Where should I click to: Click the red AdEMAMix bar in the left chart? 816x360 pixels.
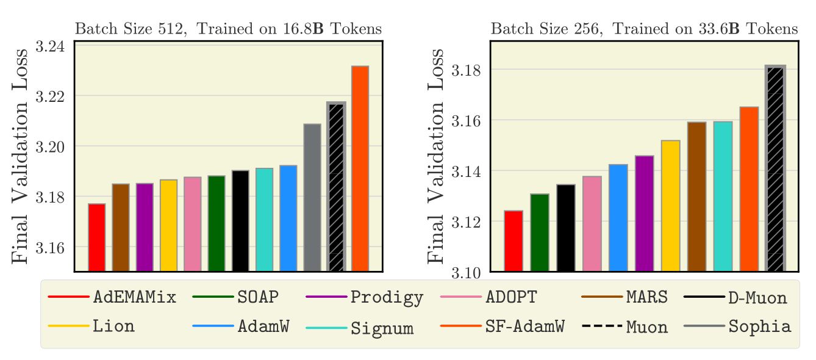96,237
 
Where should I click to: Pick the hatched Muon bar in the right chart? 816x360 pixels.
775,168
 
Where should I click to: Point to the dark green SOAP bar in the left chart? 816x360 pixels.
217,223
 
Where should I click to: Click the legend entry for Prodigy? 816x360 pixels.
387,298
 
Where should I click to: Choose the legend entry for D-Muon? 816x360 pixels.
757,298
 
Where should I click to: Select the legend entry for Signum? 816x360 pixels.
382,328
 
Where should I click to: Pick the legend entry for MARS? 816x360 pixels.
646,298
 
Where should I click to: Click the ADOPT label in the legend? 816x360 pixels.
511,298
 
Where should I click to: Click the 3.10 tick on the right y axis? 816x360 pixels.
467,272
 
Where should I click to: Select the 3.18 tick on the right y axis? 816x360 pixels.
467,70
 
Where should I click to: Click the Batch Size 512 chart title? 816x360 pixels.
228,29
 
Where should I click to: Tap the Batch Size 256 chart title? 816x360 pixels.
644,29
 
